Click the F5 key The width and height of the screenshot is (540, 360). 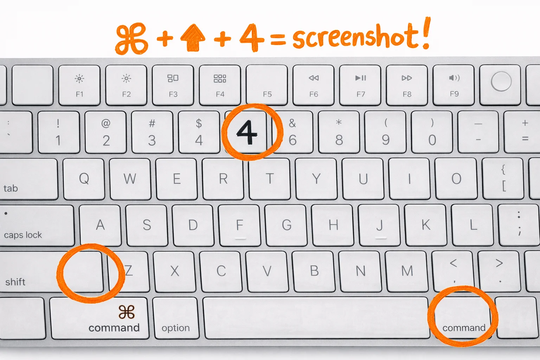click(267, 85)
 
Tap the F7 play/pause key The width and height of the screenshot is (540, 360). click(360, 85)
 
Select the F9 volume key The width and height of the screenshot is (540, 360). click(454, 85)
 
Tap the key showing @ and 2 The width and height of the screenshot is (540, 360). click(106, 132)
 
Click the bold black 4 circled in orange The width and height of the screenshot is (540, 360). click(246, 132)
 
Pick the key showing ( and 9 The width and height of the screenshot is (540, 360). click(386, 132)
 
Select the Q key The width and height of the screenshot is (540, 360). click(84, 179)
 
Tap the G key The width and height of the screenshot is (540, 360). click(287, 225)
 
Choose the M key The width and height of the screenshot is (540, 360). click(407, 271)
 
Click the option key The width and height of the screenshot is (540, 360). click(175, 318)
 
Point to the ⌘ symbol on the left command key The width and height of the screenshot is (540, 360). click(127, 312)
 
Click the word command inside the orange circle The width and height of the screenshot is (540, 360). click(464, 328)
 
